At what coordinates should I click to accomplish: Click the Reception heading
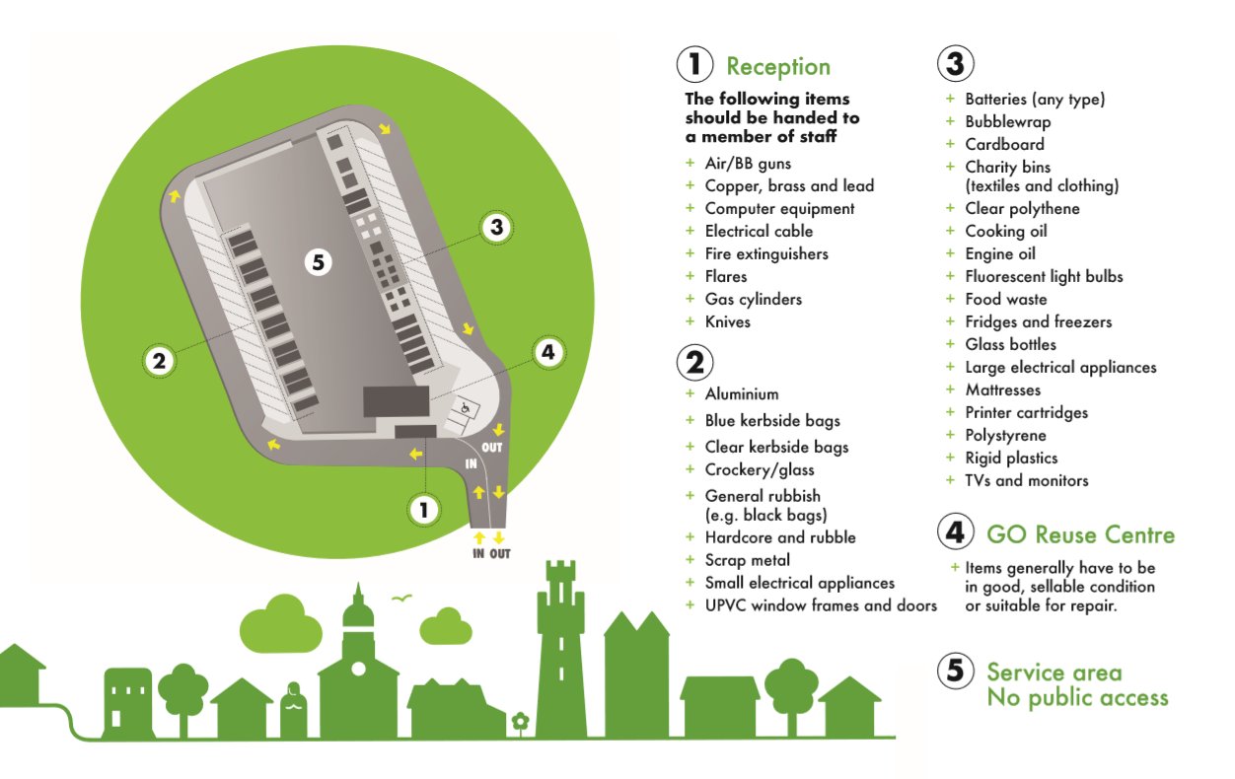coord(777,67)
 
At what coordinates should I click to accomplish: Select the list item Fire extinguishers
coord(765,253)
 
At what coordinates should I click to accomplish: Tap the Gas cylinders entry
coord(753,299)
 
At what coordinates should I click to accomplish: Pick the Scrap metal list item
coord(747,560)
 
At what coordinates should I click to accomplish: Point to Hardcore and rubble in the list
coord(779,537)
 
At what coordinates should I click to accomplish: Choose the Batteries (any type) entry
coord(1034,100)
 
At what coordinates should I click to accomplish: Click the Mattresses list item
coord(1002,389)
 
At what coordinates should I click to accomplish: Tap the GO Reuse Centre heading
coord(1080,535)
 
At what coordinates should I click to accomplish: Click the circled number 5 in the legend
coord(955,671)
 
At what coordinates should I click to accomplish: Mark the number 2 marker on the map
coord(160,361)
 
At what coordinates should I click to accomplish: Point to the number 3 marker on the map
coord(496,228)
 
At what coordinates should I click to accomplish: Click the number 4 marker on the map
coord(547,352)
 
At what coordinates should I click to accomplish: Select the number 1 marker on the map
coord(424,509)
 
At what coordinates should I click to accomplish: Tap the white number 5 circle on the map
coord(317,262)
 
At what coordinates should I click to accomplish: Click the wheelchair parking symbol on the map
coord(465,405)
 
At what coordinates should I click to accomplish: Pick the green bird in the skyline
coord(400,598)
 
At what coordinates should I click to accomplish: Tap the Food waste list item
coord(1005,299)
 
